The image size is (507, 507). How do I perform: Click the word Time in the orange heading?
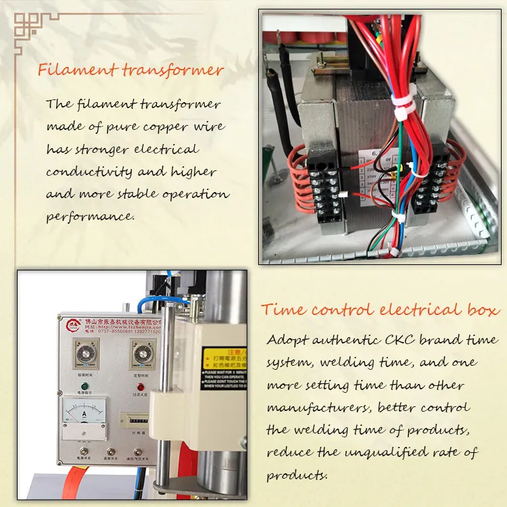[283, 310]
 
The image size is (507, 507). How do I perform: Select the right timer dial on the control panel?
[142, 354]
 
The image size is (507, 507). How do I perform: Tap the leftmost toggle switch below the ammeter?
[84, 452]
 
